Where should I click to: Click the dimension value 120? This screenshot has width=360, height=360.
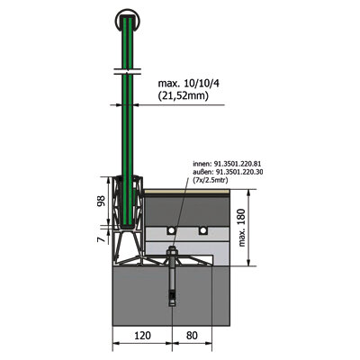click(142, 336)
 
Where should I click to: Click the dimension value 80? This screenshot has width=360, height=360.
click(192, 336)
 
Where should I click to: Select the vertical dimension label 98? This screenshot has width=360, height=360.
click(101, 201)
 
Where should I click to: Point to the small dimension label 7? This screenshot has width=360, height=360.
click(101, 239)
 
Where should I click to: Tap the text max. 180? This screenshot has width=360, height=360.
click(242, 228)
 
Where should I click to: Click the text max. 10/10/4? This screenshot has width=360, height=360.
click(189, 84)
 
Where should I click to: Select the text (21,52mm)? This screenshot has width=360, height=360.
click(183, 96)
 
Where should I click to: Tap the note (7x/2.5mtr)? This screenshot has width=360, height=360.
click(211, 180)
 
